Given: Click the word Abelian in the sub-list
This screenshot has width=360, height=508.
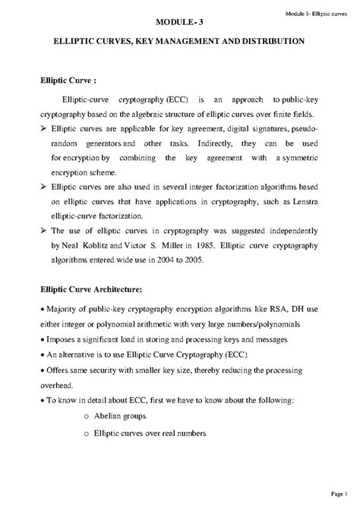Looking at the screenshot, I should tap(111, 417).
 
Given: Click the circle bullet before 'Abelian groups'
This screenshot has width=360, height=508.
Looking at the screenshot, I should tap(87, 418).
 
